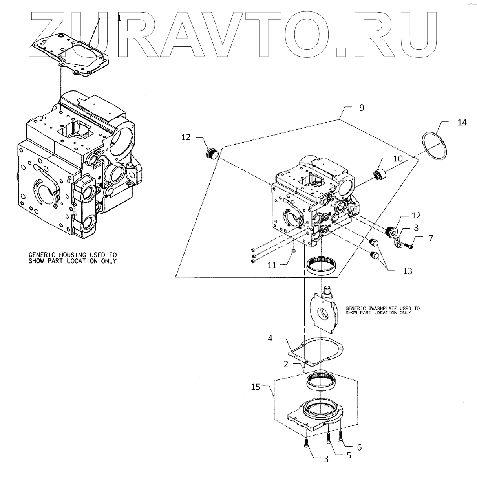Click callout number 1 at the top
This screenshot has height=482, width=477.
click(119, 18)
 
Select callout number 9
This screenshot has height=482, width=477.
click(362, 108)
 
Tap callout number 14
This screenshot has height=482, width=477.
click(462, 123)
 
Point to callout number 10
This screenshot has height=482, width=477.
click(398, 158)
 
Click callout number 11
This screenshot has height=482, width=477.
click(272, 265)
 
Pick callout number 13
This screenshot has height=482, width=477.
click(408, 271)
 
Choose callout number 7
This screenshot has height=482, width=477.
click(431, 238)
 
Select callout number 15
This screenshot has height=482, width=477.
click(256, 387)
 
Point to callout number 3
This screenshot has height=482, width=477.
click(326, 459)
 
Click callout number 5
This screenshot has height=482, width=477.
click(349, 455)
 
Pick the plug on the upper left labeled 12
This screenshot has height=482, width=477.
click(212, 153)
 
